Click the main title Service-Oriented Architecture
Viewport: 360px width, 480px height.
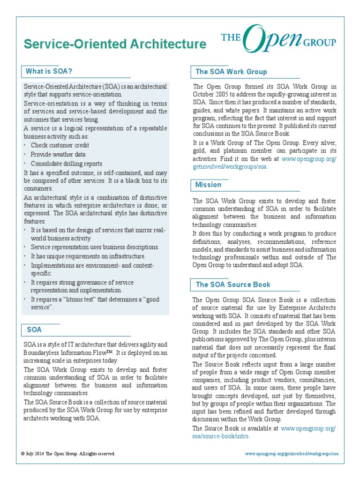(x=115, y=44)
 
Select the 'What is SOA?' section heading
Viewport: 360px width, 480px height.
(x=49, y=71)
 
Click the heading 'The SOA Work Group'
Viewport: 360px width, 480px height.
(x=231, y=72)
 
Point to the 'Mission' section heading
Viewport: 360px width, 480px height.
(x=208, y=185)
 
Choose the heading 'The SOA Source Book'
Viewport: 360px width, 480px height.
(x=233, y=285)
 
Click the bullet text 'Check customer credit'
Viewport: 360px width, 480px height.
(x=60, y=145)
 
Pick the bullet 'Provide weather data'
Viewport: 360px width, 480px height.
(x=58, y=154)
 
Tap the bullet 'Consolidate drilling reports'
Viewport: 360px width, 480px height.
(x=66, y=164)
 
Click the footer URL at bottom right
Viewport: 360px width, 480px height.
(x=291, y=454)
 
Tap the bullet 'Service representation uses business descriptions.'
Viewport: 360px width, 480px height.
(x=95, y=247)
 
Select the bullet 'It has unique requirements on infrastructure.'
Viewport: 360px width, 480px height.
(x=88, y=256)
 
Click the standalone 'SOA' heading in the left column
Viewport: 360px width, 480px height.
(x=34, y=330)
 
